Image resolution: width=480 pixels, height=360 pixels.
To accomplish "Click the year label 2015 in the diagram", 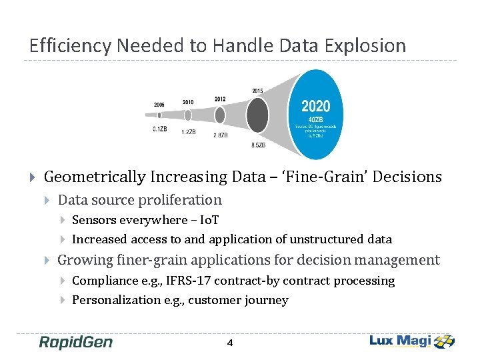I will pos(257,91).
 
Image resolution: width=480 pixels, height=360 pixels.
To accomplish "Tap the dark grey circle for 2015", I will pos(257,117).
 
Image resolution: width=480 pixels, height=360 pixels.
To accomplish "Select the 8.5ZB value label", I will pos(258,145).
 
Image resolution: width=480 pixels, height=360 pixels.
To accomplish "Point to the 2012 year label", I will pos(220,99).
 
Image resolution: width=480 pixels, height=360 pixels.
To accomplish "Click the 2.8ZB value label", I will pos(220,135).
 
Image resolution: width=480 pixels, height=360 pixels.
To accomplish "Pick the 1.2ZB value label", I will pos(189,132).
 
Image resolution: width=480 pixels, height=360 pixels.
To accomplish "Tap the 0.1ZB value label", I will pos(159,129).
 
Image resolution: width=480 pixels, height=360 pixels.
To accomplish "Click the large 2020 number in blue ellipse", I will pos(315,107).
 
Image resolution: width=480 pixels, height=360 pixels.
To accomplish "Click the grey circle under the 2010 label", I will pos(189,115).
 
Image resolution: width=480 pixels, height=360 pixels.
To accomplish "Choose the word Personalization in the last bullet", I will pos(116,300).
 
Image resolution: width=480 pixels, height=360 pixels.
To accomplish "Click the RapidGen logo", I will pos(76,342).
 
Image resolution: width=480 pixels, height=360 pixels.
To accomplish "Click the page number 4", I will pos(230,343).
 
